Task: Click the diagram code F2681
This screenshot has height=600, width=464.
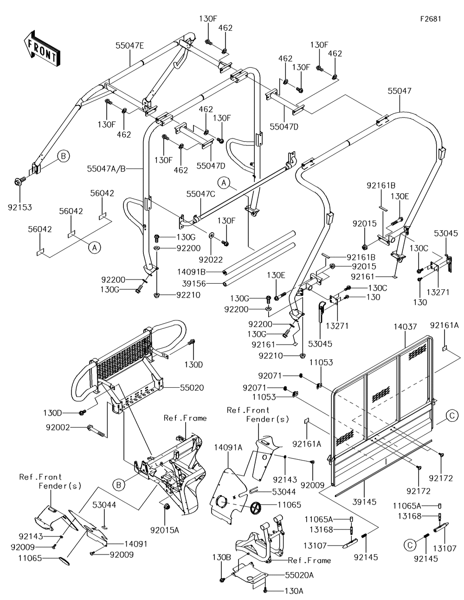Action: tap(431, 19)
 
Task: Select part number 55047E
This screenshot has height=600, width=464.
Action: tap(130, 46)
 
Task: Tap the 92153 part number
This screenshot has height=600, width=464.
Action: tap(19, 207)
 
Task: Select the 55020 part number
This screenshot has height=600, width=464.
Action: tap(190, 387)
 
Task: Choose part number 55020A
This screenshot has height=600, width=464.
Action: tap(299, 575)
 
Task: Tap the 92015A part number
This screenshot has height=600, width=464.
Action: tap(164, 529)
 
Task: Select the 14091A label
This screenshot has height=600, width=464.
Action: tap(228, 447)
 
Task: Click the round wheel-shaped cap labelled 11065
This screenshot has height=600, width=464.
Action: tap(257, 508)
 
